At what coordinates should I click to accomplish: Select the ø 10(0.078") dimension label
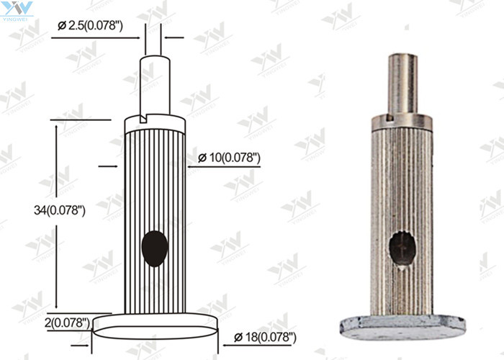point(228,158)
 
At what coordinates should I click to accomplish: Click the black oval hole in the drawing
point(155,248)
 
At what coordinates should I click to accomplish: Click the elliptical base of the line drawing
point(155,325)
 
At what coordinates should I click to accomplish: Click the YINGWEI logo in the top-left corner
point(17,11)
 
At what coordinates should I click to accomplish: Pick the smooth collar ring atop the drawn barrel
point(155,125)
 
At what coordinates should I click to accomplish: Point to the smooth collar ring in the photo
point(402,120)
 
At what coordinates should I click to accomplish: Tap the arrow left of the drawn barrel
point(107,166)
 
